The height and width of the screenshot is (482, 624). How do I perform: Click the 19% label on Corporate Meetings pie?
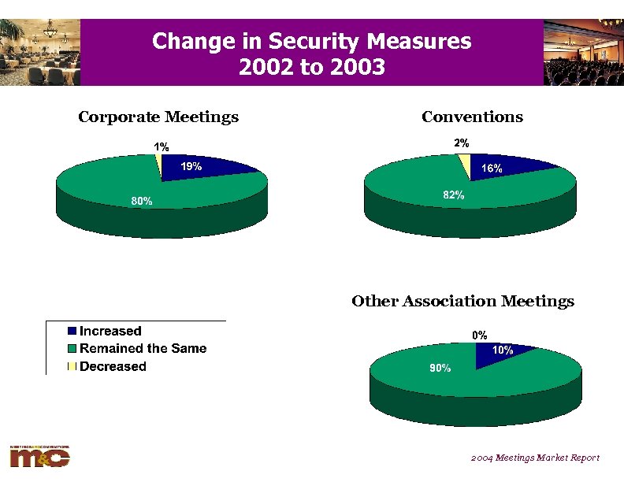(191, 166)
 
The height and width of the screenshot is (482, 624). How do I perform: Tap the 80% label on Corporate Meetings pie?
(142, 202)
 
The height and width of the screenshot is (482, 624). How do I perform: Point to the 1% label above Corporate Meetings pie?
(161, 146)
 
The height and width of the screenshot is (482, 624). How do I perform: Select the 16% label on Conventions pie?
(492, 169)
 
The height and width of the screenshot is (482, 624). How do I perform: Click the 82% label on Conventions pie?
(454, 195)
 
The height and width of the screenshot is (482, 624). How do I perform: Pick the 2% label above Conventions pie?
(462, 143)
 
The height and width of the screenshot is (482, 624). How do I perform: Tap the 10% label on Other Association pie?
(503, 350)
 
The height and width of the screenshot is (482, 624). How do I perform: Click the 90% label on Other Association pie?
(440, 368)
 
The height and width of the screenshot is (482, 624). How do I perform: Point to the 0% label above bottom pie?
(480, 336)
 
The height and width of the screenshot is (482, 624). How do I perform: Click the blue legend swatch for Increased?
(72, 332)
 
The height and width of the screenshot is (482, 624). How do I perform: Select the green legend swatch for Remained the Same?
(72, 349)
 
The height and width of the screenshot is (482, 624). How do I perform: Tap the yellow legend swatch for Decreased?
(72, 366)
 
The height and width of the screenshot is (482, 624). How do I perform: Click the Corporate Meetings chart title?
(158, 117)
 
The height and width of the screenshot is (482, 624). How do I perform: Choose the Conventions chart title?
(472, 117)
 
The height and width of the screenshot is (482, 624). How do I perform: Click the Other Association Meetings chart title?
(462, 302)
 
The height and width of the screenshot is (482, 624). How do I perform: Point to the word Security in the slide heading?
(313, 41)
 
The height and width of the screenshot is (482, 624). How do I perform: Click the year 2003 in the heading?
(354, 67)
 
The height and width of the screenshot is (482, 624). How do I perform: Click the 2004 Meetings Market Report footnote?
(536, 458)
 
